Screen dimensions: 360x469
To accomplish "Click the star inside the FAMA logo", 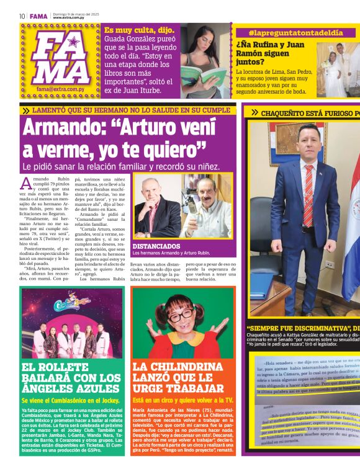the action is click(x=73, y=43).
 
